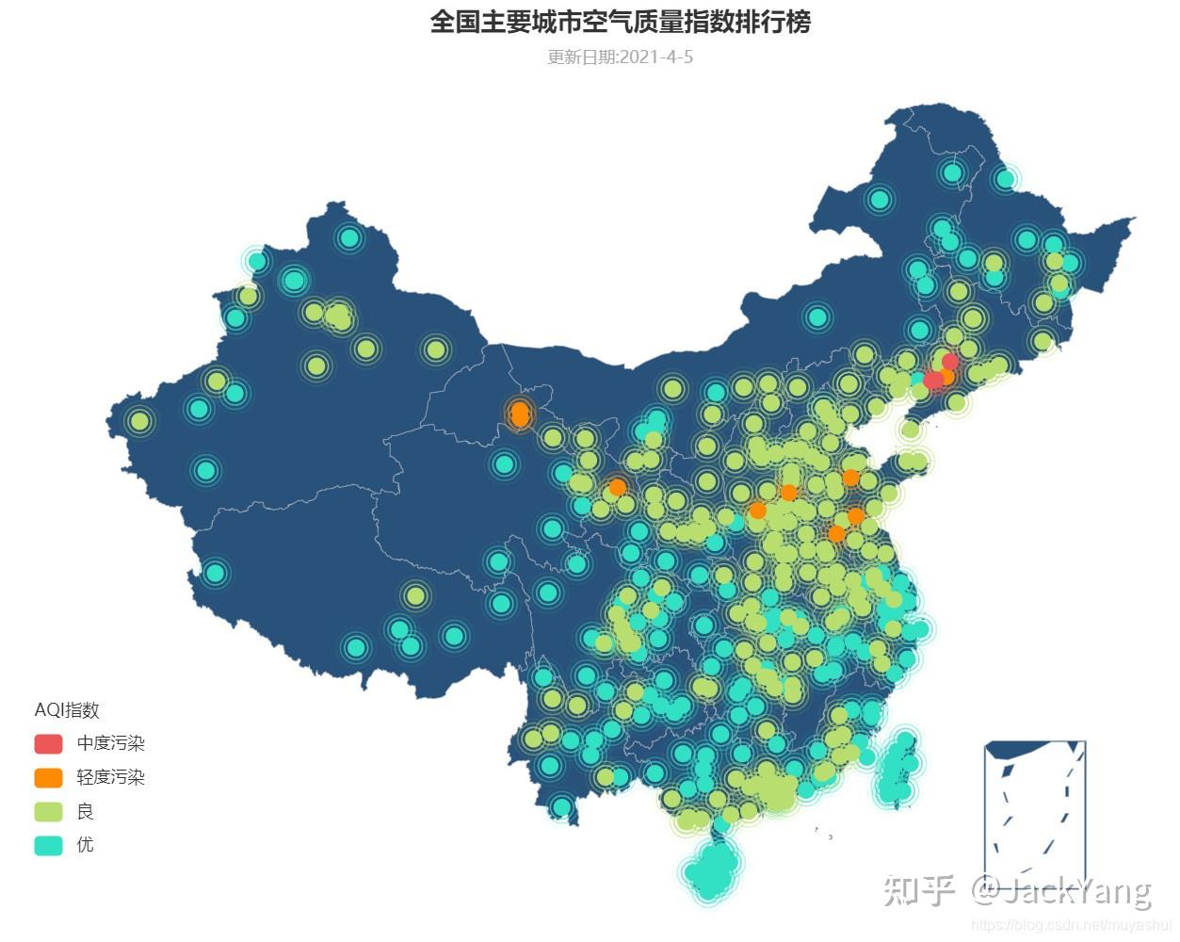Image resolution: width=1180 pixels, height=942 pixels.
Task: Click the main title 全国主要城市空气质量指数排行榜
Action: coord(620,22)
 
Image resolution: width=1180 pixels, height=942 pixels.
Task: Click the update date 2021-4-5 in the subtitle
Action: coord(656,57)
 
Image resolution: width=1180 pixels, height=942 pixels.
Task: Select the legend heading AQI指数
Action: coord(67,710)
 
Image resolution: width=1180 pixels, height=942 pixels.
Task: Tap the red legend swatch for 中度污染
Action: coord(48,743)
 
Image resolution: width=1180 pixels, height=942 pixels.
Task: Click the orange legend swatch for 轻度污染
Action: coord(48,777)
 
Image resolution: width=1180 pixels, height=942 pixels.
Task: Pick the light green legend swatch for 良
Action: coord(48,811)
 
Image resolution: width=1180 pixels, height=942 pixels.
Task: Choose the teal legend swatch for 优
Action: coord(48,845)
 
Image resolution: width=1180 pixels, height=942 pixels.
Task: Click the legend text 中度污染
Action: coord(111,743)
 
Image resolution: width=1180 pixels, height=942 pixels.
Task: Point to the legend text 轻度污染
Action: coord(111,777)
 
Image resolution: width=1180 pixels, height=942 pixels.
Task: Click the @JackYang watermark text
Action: coord(1062,890)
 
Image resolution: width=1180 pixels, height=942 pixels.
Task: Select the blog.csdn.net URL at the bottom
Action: coord(1071,926)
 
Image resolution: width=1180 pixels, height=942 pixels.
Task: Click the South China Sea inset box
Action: coord(1035,810)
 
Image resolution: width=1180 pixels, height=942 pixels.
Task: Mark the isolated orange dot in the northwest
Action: coord(519,414)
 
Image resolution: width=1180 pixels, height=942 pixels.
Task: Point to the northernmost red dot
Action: coord(949,362)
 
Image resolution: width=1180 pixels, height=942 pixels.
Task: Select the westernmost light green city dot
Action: coord(139,421)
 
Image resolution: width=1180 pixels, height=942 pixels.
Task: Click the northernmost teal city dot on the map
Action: coord(952,172)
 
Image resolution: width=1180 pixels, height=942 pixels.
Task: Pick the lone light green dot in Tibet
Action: coord(415,595)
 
